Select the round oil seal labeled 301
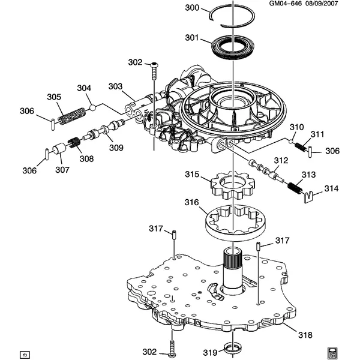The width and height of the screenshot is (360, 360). coord(224,47)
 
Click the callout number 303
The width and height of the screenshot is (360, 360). coord(115,86)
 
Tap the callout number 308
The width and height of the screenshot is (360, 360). coord(86,160)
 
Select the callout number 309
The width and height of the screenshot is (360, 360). coord(115,148)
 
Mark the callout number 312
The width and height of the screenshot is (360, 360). coord(281,160)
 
